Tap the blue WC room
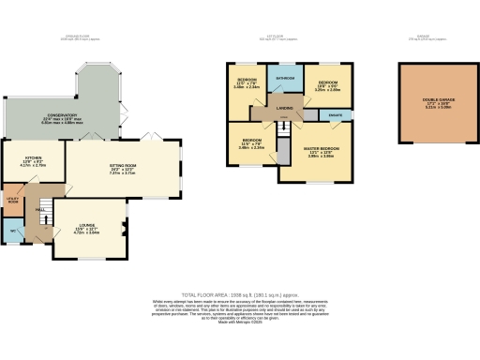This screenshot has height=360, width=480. click(13, 231)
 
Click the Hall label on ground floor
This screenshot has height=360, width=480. click(40, 210)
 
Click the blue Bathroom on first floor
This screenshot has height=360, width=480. click(285, 78)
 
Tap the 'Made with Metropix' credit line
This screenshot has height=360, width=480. click(241, 323)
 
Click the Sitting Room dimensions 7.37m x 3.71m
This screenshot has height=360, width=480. click(123, 173)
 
